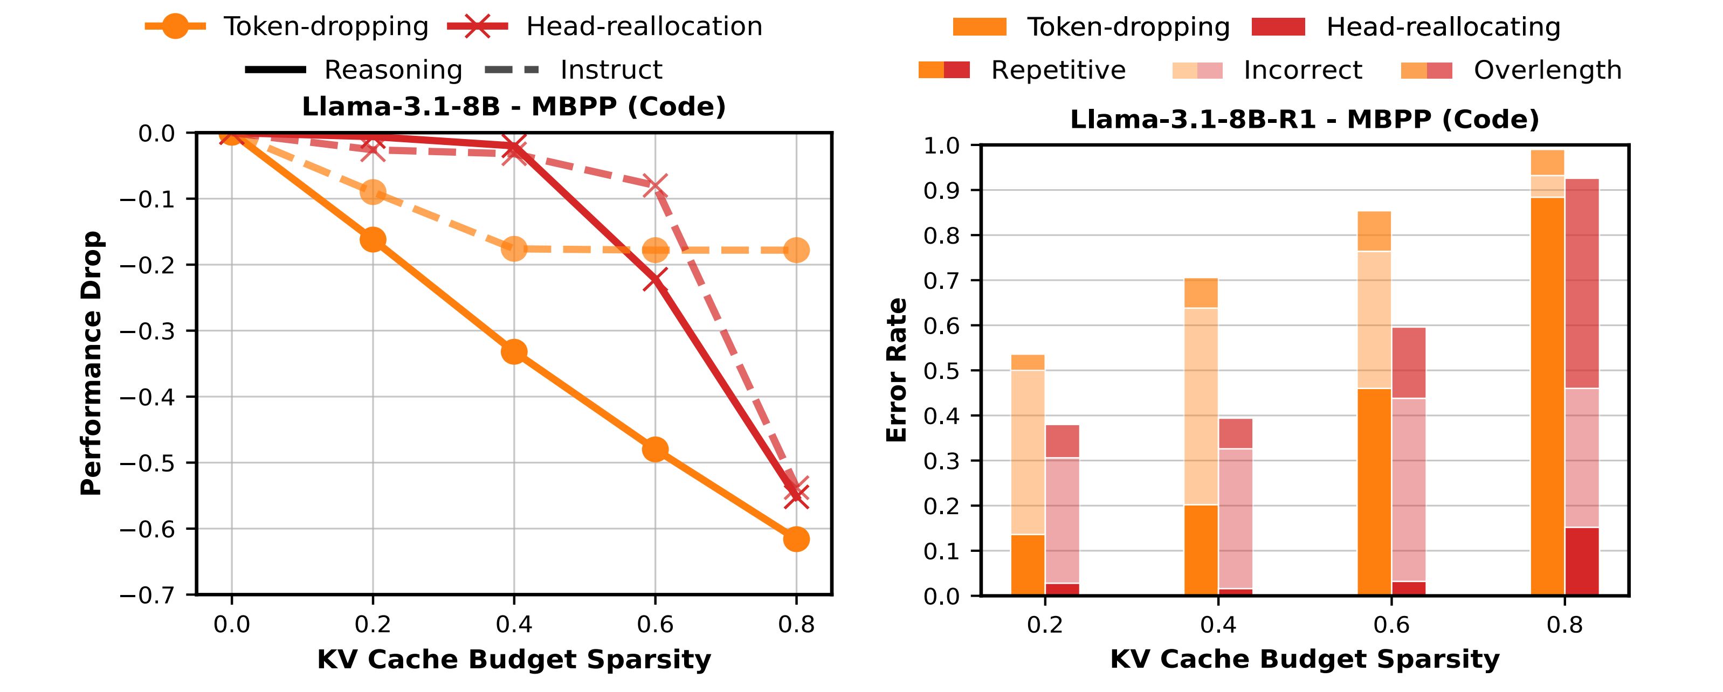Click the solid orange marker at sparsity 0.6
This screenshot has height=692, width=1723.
point(655,449)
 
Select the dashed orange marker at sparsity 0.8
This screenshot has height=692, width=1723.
point(796,251)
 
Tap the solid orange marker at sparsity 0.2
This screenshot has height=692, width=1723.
point(373,240)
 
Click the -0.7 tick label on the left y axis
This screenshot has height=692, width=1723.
point(147,594)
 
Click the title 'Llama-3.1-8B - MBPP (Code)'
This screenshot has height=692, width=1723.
point(514,107)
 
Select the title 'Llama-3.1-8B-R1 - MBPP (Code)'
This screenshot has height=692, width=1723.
point(1304,120)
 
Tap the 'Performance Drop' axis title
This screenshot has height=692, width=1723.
point(91,364)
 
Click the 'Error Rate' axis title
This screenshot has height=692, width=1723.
point(897,370)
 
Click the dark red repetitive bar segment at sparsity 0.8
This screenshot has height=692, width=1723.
point(1582,561)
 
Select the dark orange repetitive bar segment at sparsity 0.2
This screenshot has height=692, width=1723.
point(1028,565)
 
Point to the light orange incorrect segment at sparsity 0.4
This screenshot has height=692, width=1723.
point(1201,406)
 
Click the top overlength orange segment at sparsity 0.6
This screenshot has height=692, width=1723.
point(1374,231)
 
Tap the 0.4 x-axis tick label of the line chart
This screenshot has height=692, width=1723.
point(514,625)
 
